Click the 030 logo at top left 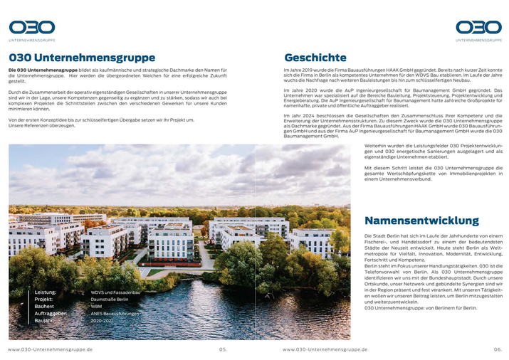point(31,28)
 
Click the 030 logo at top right point(478,28)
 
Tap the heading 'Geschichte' point(315,58)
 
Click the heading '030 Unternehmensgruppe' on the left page point(82,58)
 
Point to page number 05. point(223,349)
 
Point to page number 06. point(498,349)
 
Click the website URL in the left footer point(50,349)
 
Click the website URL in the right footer point(325,349)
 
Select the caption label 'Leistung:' point(46,292)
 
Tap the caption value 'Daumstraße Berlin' point(110,300)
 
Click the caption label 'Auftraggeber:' point(51,314)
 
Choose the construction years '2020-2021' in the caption point(102,321)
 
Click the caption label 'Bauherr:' point(46,307)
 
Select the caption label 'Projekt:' point(45,300)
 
